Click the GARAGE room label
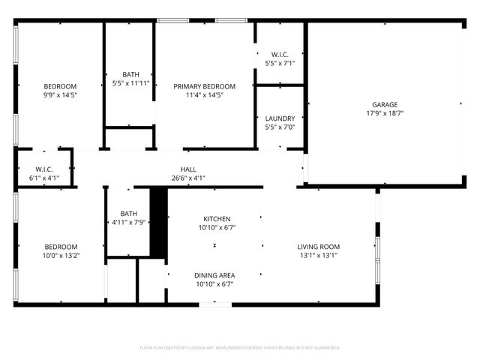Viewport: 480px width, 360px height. pos(385,105)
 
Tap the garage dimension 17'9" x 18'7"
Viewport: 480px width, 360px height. pos(385,114)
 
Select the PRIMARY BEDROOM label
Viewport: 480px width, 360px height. pos(205,86)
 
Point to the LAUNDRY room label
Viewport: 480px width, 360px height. pos(280,118)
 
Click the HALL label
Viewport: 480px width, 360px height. pos(188,169)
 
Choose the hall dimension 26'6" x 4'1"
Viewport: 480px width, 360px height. pos(188,178)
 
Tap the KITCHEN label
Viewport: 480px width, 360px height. pos(217,218)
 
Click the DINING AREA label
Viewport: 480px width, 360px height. pos(215,275)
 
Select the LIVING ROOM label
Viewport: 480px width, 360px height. pos(319,247)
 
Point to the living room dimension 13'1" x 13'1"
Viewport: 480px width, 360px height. pos(319,256)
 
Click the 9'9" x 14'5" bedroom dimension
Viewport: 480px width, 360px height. pos(60,95)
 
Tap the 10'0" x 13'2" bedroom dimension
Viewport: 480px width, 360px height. pos(60,256)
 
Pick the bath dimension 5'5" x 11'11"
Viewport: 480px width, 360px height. pos(130,82)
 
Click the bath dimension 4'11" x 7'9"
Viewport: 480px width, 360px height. pos(129,222)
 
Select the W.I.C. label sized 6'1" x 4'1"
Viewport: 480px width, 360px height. pos(43,169)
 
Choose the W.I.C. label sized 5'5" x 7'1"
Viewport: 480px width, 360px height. pos(280,54)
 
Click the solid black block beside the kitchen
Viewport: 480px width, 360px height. pos(158,223)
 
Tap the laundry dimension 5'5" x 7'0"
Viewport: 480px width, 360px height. pos(280,127)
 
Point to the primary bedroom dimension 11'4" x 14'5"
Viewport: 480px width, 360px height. pos(205,95)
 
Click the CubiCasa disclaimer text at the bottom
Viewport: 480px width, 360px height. pos(240,348)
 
